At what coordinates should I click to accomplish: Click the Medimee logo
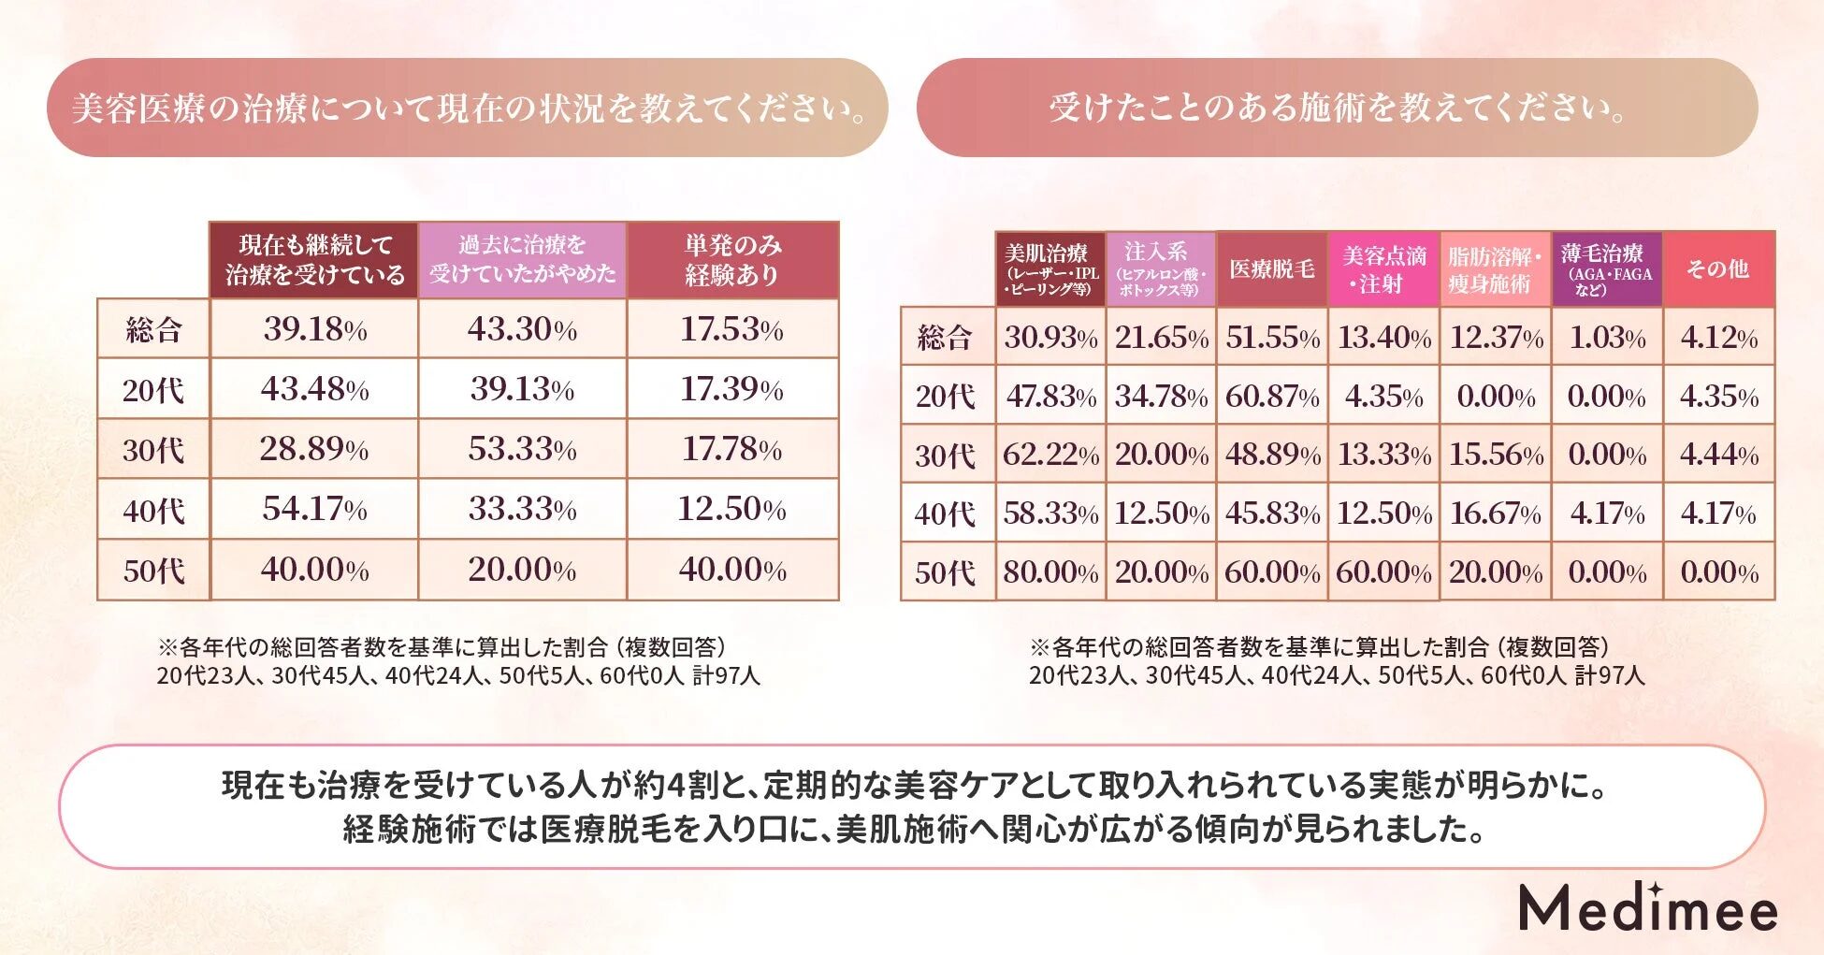click(x=1647, y=907)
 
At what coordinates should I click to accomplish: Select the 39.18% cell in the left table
click(x=314, y=329)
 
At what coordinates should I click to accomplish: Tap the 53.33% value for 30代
click(x=522, y=449)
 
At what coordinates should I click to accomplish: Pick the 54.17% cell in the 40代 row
click(x=314, y=509)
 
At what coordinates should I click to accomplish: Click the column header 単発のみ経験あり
click(x=732, y=260)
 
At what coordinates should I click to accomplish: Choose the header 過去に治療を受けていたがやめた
click(x=522, y=260)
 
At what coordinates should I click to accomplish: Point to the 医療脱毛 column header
click(x=1272, y=269)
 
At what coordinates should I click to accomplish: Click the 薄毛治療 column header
click(x=1607, y=269)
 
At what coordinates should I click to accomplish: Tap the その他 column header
click(x=1717, y=269)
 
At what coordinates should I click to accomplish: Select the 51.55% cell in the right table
click(x=1272, y=338)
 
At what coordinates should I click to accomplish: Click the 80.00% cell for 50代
click(x=1050, y=572)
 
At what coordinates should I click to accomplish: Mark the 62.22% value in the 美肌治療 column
click(x=1050, y=455)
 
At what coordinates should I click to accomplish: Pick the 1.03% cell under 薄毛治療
click(x=1607, y=338)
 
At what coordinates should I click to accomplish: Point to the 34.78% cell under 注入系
click(x=1161, y=397)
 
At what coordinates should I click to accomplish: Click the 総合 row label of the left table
click(x=153, y=329)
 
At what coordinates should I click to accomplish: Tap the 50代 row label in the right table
click(x=945, y=572)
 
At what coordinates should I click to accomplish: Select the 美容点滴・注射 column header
click(x=1384, y=269)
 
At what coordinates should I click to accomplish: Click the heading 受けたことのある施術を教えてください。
click(x=1338, y=108)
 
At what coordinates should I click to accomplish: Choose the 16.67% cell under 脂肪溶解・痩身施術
click(x=1495, y=514)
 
